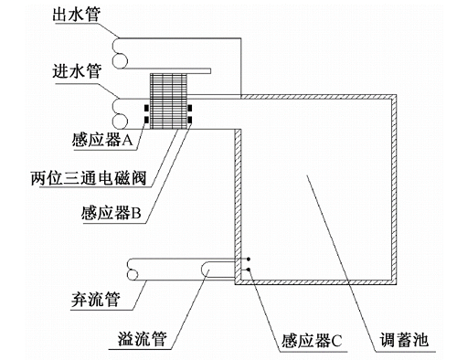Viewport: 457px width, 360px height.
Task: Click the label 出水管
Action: click(76, 15)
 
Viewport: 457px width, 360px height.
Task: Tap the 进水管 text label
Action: click(77, 71)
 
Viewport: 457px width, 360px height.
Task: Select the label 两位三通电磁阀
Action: click(89, 178)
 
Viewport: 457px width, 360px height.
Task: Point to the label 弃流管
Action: click(96, 300)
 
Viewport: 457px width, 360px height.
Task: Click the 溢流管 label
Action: click(143, 339)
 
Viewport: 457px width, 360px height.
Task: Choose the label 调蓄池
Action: click(404, 340)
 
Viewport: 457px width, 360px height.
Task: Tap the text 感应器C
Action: click(312, 341)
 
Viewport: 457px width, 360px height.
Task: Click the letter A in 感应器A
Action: click(128, 140)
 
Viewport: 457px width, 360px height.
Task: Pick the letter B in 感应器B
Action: click(136, 213)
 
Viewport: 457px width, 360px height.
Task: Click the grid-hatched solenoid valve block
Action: click(168, 101)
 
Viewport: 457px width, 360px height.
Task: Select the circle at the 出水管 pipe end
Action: click(120, 60)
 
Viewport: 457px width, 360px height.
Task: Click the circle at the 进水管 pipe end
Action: click(120, 121)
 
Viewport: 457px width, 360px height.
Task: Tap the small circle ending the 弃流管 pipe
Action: click(133, 275)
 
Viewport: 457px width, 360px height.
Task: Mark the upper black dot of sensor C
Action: click(249, 259)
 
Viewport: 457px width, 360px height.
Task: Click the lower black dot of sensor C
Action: click(249, 270)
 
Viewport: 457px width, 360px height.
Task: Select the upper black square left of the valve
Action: click(147, 108)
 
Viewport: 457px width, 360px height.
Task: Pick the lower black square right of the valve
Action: click(190, 120)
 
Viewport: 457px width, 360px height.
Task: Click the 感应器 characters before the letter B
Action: click(105, 213)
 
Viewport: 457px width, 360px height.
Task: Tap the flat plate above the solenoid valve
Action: click(180, 71)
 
